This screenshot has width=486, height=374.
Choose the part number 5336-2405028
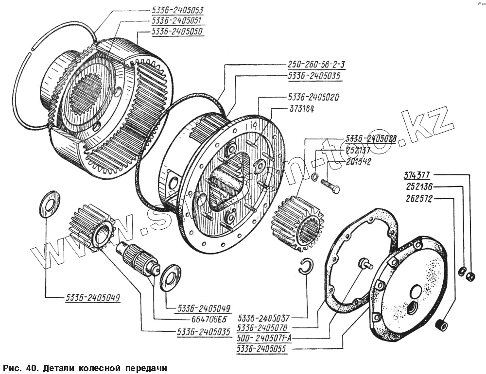coord(371,138)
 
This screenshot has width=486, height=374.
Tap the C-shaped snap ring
coord(307,267)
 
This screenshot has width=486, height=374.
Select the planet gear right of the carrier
coord(297,221)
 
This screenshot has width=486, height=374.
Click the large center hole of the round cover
coord(416,292)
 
